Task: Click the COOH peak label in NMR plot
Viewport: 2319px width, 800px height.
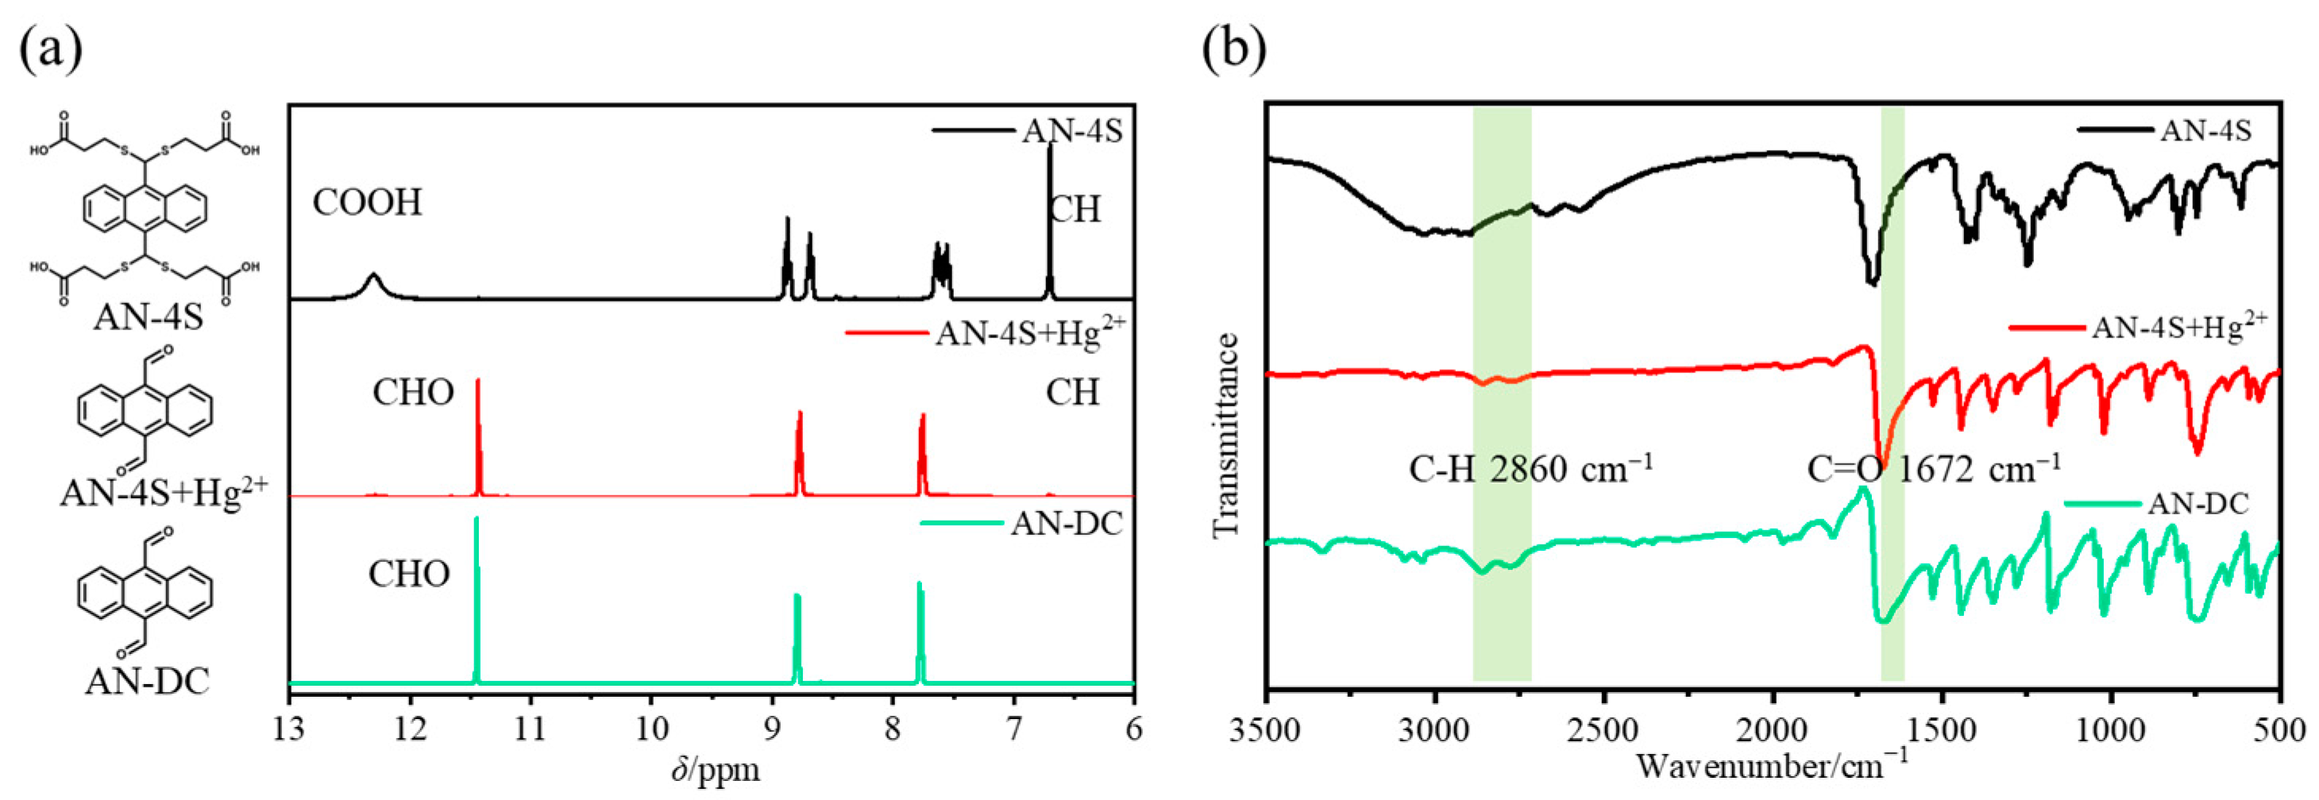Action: [367, 202]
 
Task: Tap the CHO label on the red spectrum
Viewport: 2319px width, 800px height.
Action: [413, 393]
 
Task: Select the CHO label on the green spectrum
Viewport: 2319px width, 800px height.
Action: [409, 574]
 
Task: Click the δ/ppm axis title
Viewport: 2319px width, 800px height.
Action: [716, 769]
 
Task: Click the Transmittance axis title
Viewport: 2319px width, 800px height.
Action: [1225, 437]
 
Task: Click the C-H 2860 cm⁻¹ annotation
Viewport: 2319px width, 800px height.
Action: [1530, 470]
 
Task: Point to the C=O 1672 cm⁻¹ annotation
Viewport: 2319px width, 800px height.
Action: [1934, 470]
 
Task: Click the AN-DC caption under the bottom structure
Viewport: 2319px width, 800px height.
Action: [148, 681]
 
